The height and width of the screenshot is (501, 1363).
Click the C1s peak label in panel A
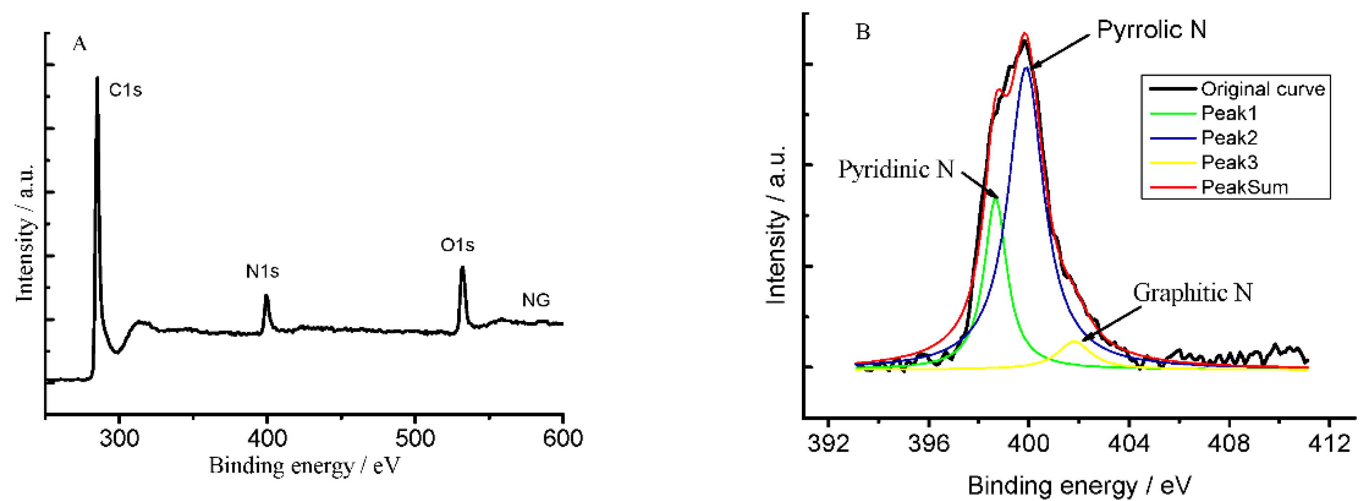[125, 90]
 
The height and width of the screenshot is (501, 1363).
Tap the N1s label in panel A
[263, 272]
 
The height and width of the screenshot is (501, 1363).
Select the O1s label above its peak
[457, 245]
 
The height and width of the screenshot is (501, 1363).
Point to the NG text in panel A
[536, 300]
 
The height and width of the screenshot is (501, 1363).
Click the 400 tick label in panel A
[267, 439]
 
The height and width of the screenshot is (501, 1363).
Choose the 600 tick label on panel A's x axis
[563, 439]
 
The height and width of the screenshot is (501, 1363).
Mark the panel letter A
[79, 44]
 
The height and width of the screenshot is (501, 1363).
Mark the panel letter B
[862, 32]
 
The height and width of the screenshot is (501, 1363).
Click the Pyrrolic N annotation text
[1151, 29]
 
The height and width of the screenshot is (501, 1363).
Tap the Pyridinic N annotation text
[896, 170]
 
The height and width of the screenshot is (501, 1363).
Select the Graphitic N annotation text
[1193, 292]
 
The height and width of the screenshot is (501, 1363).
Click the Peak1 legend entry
[1229, 113]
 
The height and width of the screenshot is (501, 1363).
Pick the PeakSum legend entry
[1245, 187]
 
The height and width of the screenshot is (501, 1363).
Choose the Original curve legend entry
[1263, 89]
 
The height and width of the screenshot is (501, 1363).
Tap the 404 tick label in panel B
[1129, 443]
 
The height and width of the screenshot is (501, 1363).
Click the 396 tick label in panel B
[929, 443]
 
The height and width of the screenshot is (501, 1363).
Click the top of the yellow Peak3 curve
[1074, 342]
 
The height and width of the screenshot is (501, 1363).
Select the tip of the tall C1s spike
[97, 78]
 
